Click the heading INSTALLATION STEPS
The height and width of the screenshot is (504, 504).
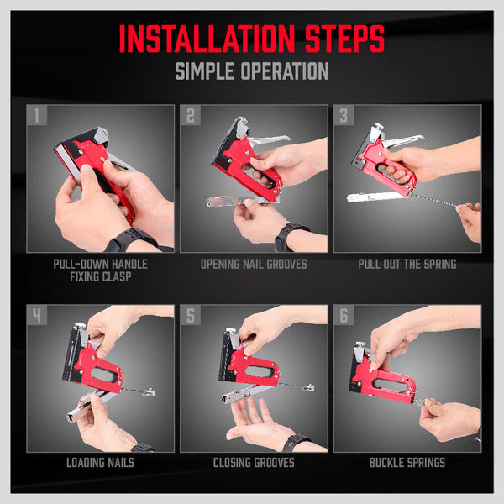tap(252, 39)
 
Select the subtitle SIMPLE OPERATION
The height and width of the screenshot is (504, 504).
tap(252, 71)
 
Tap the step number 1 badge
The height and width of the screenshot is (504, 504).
tap(36, 115)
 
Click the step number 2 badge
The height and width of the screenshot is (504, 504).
tap(191, 115)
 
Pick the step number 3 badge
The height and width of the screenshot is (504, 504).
tap(344, 115)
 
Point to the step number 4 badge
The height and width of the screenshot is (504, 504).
tap(36, 316)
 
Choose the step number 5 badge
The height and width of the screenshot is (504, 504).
tap(191, 316)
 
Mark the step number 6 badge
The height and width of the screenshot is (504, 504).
tap(344, 316)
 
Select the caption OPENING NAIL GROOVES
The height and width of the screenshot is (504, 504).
tap(253, 263)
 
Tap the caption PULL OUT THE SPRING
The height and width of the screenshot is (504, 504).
tap(407, 263)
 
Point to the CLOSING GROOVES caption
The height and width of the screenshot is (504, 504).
tap(253, 463)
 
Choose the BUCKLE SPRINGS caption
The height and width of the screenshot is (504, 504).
tap(407, 463)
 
